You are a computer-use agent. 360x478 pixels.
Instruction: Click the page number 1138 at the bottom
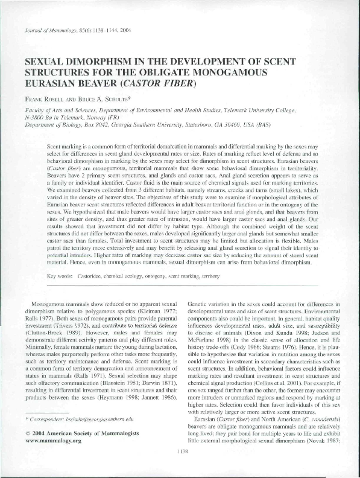pyautogui.click(x=180, y=467)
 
